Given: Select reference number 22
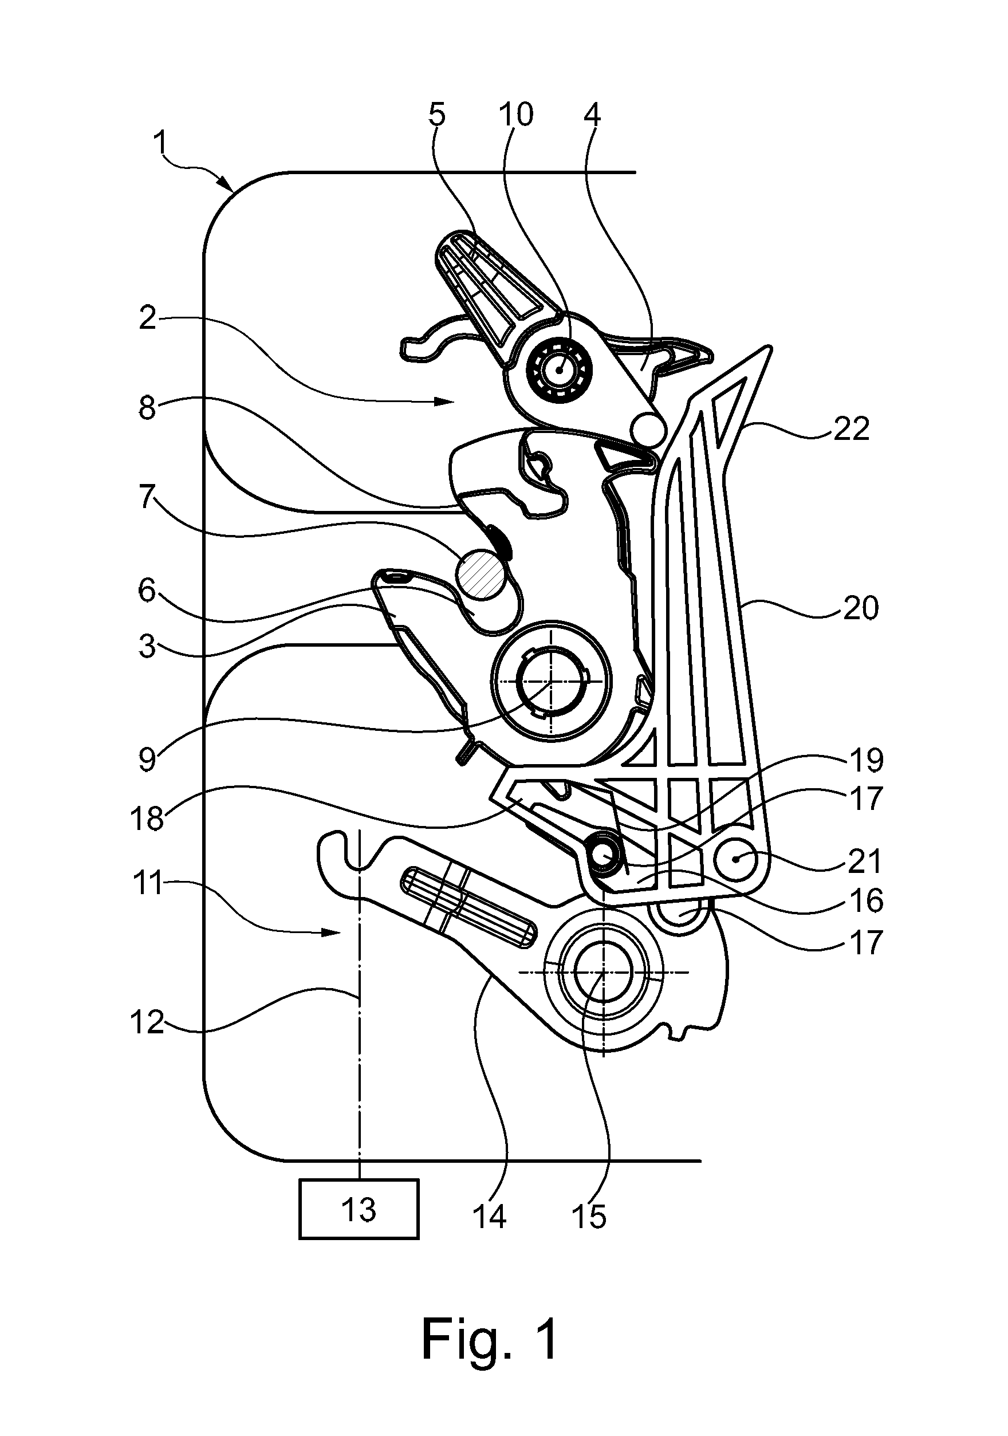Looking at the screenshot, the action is point(851,429).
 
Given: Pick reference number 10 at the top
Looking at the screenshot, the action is point(516,115).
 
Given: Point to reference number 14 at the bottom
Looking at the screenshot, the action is point(489,1217).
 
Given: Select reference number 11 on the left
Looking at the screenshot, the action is point(148,884).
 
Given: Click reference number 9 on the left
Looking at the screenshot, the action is point(148,760).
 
